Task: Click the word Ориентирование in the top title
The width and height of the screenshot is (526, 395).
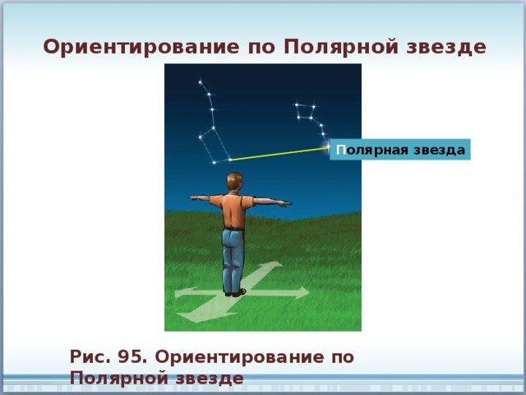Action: (141, 48)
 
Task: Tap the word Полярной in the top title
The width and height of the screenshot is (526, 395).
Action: (341, 48)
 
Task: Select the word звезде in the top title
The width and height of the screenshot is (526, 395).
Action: (446, 47)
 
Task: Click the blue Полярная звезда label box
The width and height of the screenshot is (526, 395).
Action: (400, 150)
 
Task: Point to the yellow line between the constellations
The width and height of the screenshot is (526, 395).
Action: (279, 154)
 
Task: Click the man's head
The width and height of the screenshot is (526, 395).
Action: (233, 182)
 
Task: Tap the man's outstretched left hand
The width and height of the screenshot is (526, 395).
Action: (195, 197)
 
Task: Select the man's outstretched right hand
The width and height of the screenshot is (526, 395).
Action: (284, 203)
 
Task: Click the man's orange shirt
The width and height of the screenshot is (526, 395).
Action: (233, 210)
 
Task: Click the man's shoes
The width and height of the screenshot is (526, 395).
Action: (236, 293)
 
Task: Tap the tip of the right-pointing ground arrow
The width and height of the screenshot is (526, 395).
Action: (309, 292)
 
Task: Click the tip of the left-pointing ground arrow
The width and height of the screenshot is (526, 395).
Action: (175, 294)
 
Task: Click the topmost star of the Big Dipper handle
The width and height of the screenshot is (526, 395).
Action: (201, 82)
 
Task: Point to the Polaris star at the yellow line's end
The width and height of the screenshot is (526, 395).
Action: (328, 147)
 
